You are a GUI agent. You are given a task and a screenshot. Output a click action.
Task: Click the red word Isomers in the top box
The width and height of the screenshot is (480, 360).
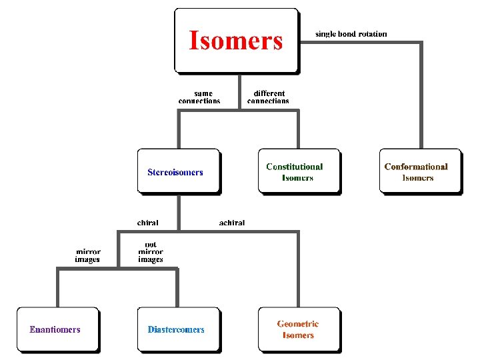[x=236, y=41]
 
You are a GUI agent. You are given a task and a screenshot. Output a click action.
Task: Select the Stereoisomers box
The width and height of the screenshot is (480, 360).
[x=178, y=171]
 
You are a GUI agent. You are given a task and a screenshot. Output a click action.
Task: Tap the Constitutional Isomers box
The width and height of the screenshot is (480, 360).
[x=299, y=171]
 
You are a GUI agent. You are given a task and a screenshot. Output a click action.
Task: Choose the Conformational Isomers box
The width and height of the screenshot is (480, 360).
[x=419, y=171]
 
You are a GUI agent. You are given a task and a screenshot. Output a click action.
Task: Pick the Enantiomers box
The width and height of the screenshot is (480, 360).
[x=57, y=329]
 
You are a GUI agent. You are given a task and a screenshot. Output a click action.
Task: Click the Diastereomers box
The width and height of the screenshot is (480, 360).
[x=178, y=329]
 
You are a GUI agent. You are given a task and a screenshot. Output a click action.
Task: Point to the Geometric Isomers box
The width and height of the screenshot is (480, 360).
[x=299, y=329]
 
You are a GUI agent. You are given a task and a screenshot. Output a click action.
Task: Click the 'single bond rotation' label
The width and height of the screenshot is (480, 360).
[x=351, y=34]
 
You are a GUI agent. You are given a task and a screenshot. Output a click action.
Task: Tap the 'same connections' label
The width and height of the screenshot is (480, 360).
[x=199, y=97]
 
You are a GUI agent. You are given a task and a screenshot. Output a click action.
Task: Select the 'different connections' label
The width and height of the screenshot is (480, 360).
[x=268, y=97]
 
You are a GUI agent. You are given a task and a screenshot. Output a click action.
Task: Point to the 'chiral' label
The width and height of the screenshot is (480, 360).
[x=147, y=223]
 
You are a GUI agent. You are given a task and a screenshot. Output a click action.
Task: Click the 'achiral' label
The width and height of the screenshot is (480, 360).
[x=232, y=223]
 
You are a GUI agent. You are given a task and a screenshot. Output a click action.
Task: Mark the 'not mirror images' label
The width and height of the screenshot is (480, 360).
[x=151, y=252]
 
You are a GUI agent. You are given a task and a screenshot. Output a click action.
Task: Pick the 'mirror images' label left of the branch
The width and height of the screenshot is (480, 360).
[x=87, y=255]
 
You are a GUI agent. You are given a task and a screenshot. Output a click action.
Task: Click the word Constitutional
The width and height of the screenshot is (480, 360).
[x=294, y=167]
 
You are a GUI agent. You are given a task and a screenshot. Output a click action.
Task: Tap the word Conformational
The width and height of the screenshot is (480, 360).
[x=416, y=167]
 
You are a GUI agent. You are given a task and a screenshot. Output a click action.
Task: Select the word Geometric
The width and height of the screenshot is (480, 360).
[x=298, y=324]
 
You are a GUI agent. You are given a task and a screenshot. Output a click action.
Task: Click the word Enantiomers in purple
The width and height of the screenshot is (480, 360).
[x=55, y=329]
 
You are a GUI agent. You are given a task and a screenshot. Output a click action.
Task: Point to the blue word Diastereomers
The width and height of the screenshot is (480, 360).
[x=176, y=329]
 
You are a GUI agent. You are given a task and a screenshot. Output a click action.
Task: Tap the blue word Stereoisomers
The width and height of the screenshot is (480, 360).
[x=175, y=172]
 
